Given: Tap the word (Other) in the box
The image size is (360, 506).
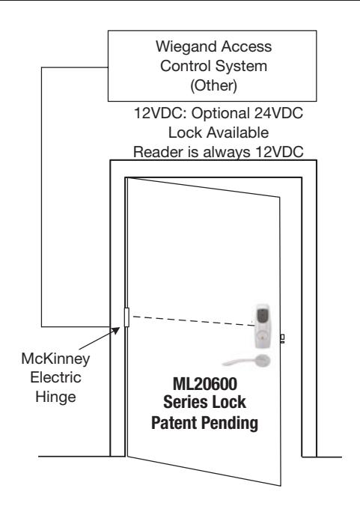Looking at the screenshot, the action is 213,85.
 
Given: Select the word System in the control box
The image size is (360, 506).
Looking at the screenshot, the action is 241,66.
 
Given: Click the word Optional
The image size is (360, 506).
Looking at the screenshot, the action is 221,114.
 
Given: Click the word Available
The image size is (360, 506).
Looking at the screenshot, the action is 238,132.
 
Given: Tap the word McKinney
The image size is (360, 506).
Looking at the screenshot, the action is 55,359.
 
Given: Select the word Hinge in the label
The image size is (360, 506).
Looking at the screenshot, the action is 55,397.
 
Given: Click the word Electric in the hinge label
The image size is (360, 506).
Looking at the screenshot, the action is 55,377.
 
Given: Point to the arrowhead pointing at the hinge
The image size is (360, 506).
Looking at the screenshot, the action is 115,331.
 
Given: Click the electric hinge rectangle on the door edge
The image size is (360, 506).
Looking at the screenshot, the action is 126,317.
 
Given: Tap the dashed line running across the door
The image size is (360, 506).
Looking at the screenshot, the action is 194,321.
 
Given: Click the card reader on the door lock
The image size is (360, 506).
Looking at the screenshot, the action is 263,326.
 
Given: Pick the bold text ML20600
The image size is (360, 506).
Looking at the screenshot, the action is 205,384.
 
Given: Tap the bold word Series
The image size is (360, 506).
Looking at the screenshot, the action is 182,403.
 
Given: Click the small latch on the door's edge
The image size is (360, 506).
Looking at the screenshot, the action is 282,338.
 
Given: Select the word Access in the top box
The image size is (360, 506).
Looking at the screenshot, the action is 246,47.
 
